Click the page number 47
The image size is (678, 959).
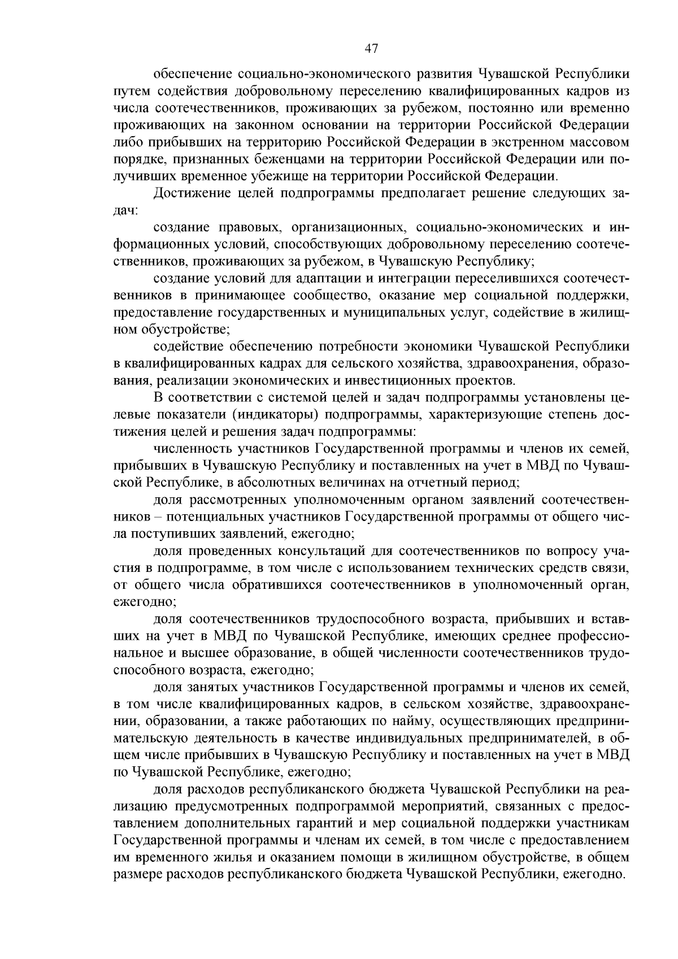tap(371, 49)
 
